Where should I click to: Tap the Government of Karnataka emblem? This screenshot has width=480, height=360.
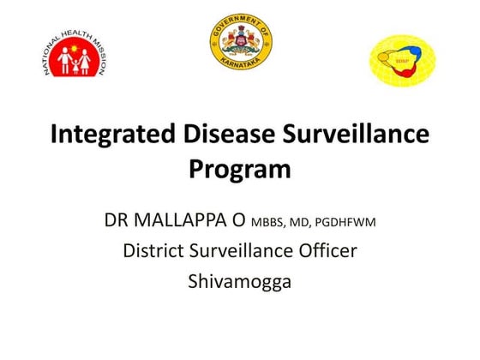(240, 44)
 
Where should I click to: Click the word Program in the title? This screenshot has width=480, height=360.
(240, 169)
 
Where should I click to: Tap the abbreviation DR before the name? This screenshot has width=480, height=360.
(117, 222)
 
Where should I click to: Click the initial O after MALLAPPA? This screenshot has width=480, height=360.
(239, 222)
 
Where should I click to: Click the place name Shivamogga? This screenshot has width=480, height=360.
(240, 280)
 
